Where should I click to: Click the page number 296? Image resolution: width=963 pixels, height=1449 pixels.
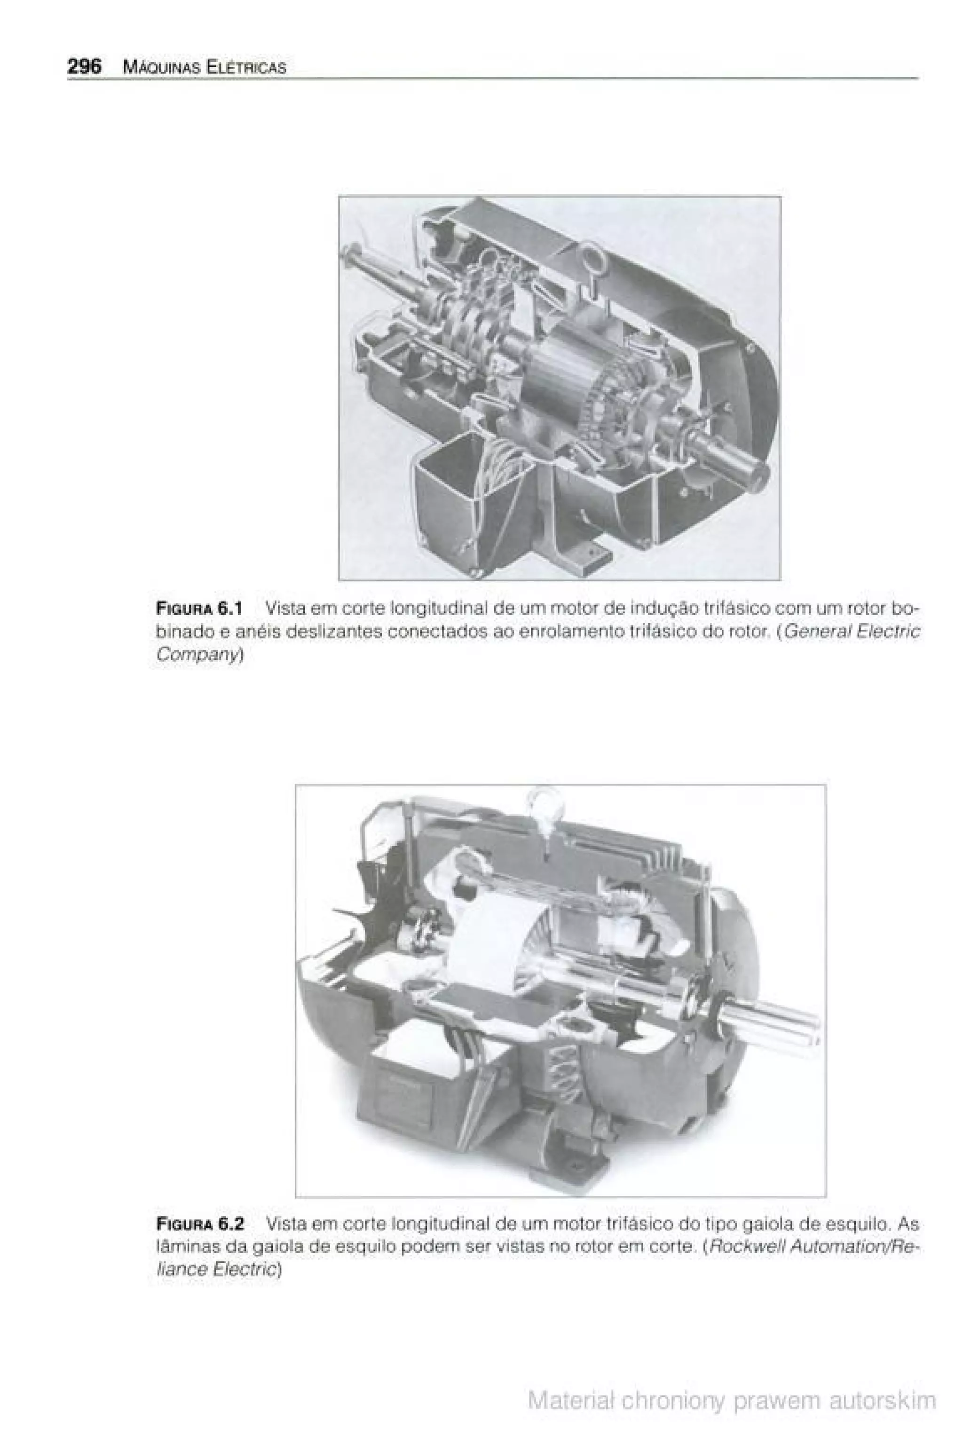[84, 66]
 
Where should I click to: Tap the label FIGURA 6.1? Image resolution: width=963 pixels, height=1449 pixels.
[199, 609]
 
